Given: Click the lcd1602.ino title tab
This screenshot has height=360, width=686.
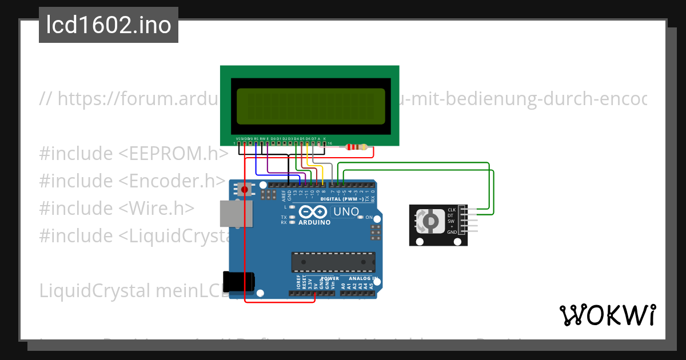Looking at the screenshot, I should click(x=109, y=25).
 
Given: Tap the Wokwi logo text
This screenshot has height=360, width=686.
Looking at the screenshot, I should click(x=607, y=315).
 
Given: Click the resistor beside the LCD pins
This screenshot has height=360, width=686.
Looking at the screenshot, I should click(x=357, y=147).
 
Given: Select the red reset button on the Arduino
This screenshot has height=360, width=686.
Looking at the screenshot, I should click(x=245, y=189).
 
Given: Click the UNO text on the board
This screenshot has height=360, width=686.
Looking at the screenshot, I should click(x=346, y=212).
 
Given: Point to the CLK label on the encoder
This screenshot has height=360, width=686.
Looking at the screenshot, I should click(x=452, y=210).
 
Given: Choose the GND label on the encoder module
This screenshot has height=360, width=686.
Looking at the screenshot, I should click(x=452, y=232).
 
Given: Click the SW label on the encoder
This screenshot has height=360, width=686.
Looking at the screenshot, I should click(x=452, y=221).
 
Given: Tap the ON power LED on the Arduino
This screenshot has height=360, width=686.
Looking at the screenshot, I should click(x=368, y=218).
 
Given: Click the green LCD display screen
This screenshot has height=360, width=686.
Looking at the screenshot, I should click(x=310, y=106).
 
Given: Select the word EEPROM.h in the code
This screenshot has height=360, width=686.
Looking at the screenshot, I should click(x=174, y=154).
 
